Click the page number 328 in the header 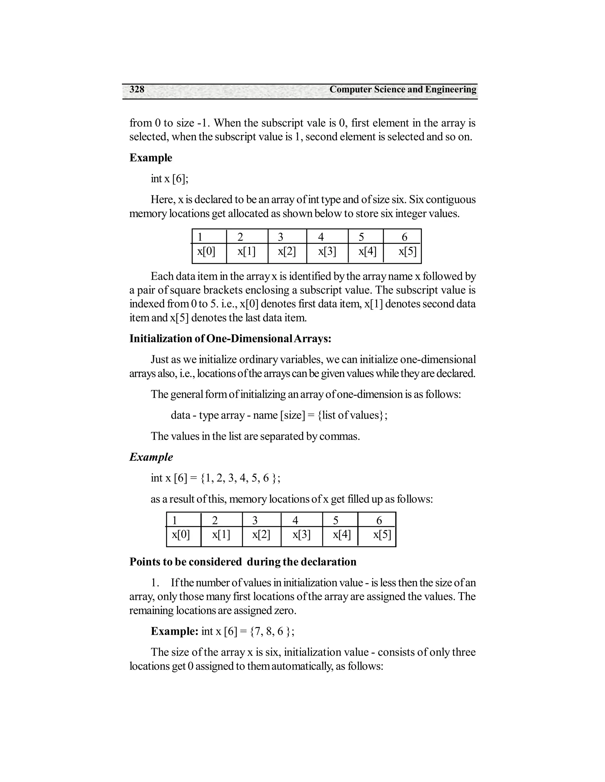(137, 89)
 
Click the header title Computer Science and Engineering (403, 89)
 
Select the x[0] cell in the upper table (206, 252)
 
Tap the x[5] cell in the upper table (407, 252)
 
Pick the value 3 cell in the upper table (281, 237)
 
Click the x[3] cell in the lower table (301, 535)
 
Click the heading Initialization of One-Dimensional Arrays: (230, 338)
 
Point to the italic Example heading (151, 457)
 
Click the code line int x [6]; (170, 179)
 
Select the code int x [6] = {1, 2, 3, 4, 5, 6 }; (215, 478)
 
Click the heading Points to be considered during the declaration (243, 562)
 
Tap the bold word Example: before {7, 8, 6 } (175, 631)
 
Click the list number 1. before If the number (155, 583)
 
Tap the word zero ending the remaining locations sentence (284, 611)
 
